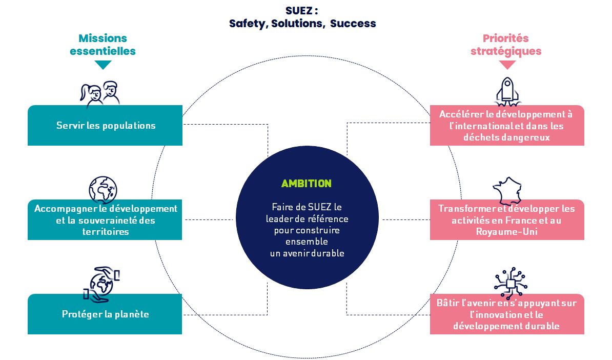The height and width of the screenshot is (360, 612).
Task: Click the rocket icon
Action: [507, 92]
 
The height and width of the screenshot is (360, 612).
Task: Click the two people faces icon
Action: [100, 94]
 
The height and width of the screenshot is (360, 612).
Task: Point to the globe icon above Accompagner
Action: [103, 190]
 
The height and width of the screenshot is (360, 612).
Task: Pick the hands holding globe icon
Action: [101, 285]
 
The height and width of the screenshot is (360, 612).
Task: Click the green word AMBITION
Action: [307, 184]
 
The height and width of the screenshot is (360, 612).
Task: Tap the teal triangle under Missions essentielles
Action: [103, 65]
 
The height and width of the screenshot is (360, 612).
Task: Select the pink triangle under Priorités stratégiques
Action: [507, 65]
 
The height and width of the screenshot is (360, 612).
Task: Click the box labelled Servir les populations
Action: [105, 125]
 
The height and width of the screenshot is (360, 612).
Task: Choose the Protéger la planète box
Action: [105, 314]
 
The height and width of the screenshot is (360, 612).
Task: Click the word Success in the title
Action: [353, 24]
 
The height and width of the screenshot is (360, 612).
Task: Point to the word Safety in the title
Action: [247, 24]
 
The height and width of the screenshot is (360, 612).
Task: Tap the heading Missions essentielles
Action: [103, 45]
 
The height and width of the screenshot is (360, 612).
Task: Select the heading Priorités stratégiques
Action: [506, 45]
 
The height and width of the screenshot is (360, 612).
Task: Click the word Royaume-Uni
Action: [506, 232]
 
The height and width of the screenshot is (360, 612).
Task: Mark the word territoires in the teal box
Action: [106, 232]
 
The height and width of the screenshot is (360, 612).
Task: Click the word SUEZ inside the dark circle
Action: [320, 207]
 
